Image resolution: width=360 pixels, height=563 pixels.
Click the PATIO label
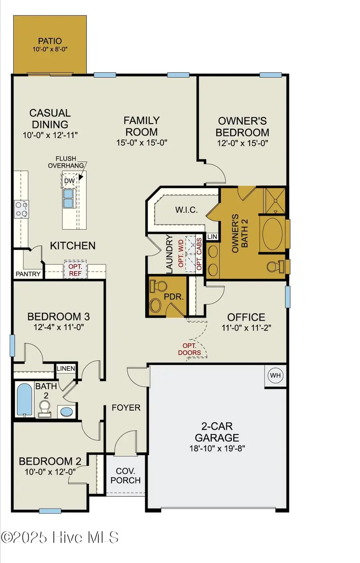pos(50,41)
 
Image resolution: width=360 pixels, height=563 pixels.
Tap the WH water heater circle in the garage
pos(275,375)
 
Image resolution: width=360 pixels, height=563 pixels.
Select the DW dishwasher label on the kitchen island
pos(70,181)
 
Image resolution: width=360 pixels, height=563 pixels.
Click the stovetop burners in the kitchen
pos(21,209)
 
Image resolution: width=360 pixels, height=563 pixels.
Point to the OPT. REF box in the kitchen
pos(75,270)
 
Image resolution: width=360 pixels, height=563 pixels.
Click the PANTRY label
pos(28,274)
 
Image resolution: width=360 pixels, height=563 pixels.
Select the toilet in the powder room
pos(159,287)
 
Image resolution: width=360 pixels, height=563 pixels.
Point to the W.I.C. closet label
pos(186,210)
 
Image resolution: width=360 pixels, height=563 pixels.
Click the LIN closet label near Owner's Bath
pos(212,237)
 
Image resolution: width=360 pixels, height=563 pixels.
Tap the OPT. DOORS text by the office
pos(190,349)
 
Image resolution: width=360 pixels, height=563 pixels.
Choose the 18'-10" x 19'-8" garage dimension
pos(217,448)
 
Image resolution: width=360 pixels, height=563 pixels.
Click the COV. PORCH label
pos(125,476)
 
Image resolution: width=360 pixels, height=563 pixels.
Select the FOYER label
pos(126,407)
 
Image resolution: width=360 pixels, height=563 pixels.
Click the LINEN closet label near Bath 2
pos(66,368)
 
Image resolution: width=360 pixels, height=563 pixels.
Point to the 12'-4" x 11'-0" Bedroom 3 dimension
pos(58,327)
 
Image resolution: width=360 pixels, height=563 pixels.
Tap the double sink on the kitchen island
pos(68,198)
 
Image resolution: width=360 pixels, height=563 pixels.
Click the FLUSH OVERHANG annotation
pos(66,162)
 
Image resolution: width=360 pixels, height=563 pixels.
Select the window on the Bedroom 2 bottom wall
pos(50,511)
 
